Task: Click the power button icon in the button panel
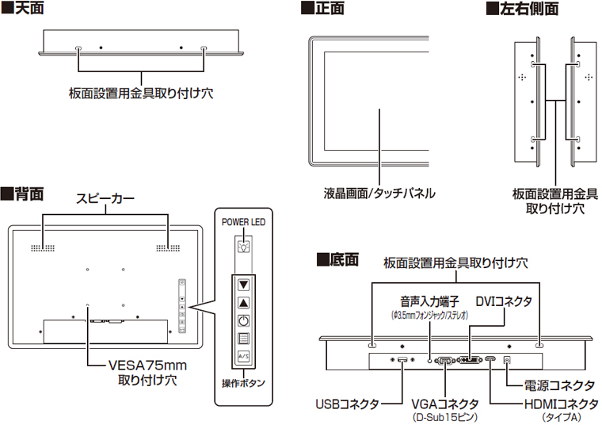[244, 321]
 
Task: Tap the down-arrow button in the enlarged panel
[244, 284]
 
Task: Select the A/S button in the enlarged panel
[244, 358]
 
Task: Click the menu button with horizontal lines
[244, 339]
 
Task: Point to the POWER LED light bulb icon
[244, 245]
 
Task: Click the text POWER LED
[243, 223]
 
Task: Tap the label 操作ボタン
[243, 383]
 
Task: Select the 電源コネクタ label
[559, 385]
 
